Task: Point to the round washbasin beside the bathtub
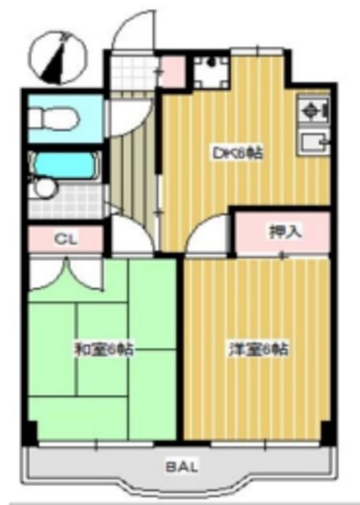coord(44,189)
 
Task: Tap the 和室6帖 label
coord(103,348)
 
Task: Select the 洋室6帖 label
coord(257,348)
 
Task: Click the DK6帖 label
coord(236,153)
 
